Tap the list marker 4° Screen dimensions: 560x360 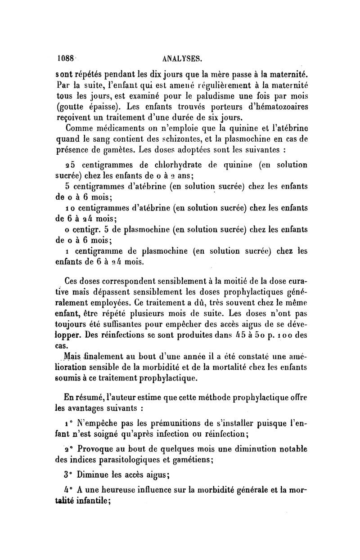67,490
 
